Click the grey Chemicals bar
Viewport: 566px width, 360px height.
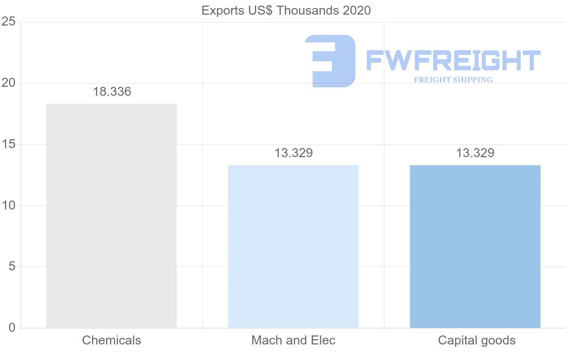click(x=111, y=216)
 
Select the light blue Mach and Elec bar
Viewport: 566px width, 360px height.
click(x=293, y=246)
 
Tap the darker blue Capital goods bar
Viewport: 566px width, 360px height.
click(x=475, y=246)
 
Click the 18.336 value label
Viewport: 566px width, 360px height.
click(x=112, y=92)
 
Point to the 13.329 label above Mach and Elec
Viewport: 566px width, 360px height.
click(x=293, y=153)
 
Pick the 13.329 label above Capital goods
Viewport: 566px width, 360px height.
click(x=475, y=153)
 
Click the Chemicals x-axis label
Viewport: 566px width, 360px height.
click(x=111, y=340)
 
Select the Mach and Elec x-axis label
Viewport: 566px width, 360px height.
click(x=293, y=340)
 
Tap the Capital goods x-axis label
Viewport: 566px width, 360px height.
click(x=476, y=340)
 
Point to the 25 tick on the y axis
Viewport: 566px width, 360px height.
click(x=8, y=22)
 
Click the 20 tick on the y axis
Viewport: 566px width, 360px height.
click(x=8, y=83)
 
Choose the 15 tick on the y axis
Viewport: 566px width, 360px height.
click(x=8, y=144)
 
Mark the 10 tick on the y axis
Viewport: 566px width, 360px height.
click(x=8, y=206)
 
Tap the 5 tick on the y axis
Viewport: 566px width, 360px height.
click(x=12, y=267)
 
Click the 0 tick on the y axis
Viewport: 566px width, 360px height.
click(x=12, y=328)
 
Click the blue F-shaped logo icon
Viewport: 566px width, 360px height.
click(x=330, y=61)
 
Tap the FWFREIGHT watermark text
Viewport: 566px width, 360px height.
click(x=453, y=61)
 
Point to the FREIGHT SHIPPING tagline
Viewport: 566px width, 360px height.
click(x=453, y=80)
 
